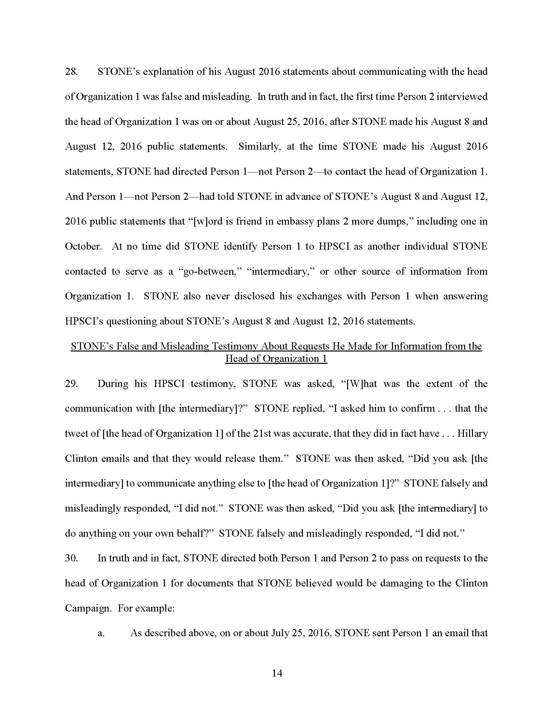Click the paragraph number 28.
71,72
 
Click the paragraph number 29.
71,384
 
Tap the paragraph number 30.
71,558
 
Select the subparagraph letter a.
101,633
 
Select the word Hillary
472,434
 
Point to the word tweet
76,434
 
